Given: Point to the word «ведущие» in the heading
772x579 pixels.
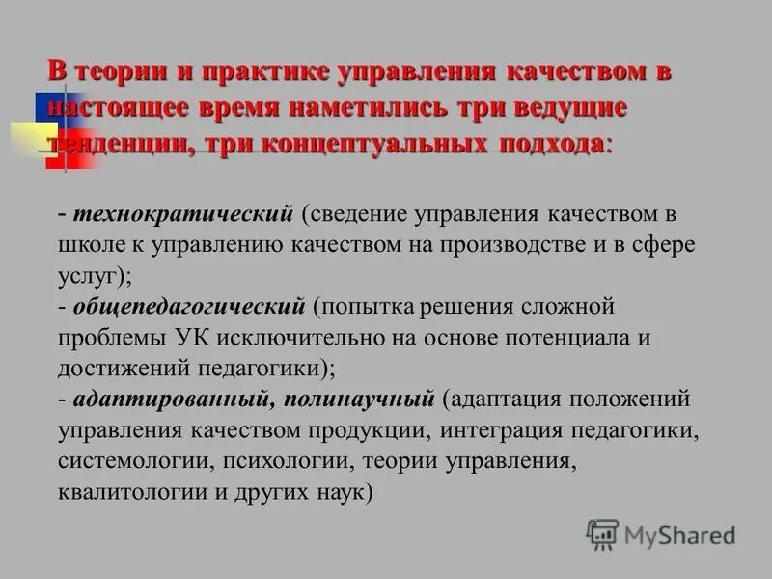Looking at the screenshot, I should coord(570,107).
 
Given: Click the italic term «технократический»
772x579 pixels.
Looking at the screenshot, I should coord(181,210).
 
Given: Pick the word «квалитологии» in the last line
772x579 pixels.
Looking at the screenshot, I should coord(128,491).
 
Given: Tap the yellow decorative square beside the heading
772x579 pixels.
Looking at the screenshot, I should coord(32,139).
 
